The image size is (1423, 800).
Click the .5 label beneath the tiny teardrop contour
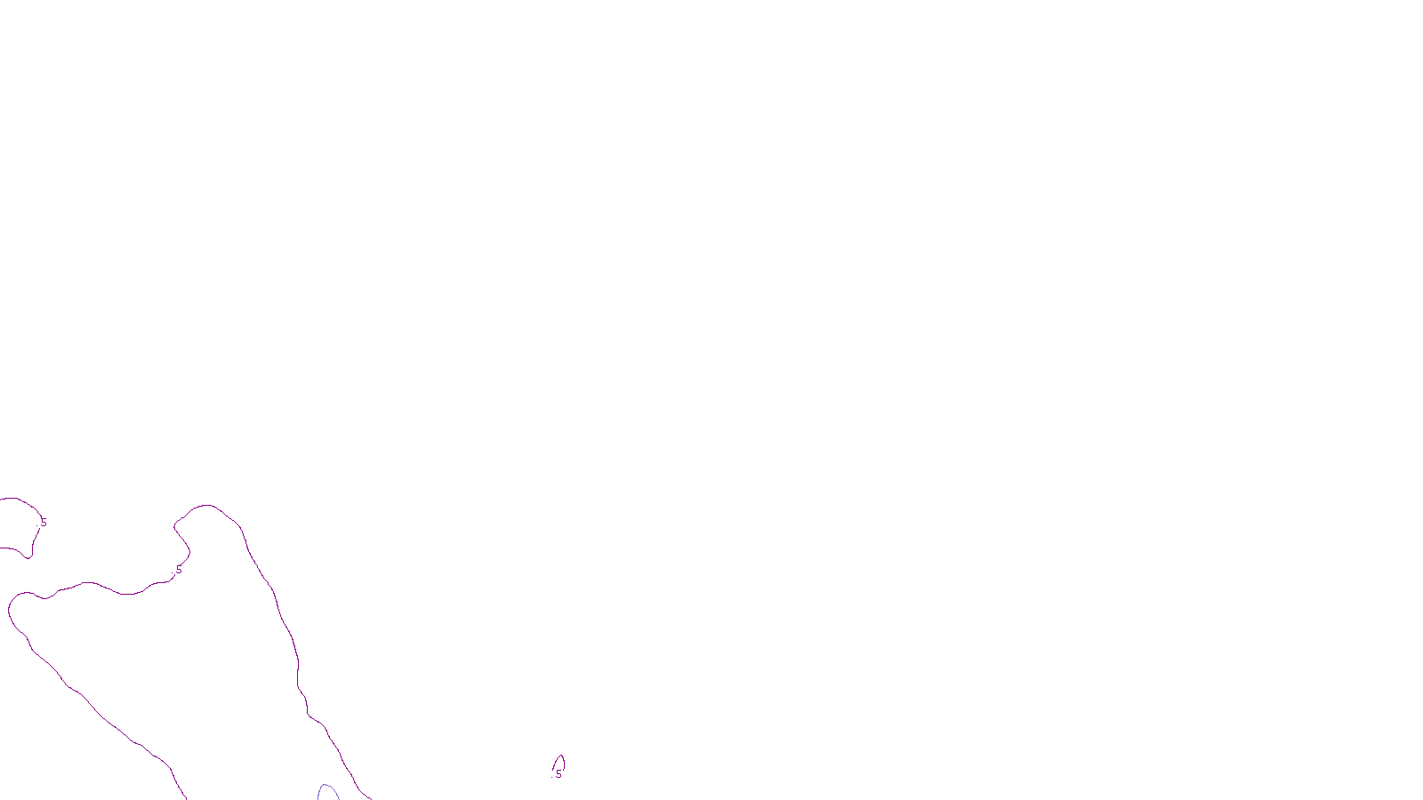tap(558, 774)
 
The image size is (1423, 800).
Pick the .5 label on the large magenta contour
tap(178, 570)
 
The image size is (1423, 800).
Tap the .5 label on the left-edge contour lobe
tap(43, 523)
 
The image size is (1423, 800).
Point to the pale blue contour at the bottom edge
tap(328, 789)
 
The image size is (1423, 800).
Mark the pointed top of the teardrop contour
tap(560, 756)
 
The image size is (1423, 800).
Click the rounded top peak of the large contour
tap(208, 506)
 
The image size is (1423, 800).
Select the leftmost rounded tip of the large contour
tap(10, 610)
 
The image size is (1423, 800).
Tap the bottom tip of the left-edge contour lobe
tap(30, 557)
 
